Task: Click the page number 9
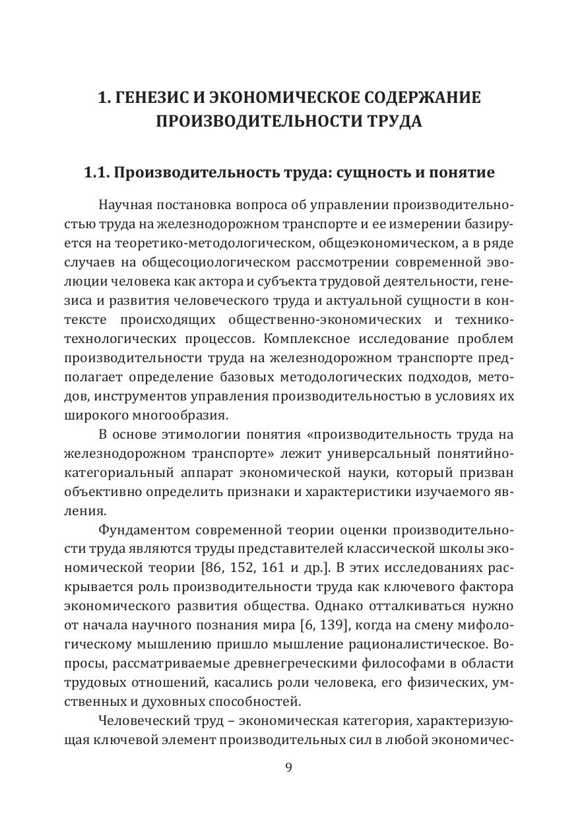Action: pyautogui.click(x=289, y=767)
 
